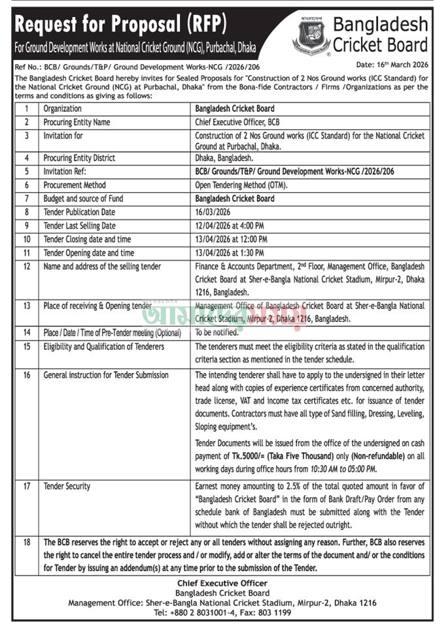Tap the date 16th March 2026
coord(392,66)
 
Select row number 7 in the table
coord(27,199)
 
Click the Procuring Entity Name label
coord(77,122)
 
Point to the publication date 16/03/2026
coord(213,212)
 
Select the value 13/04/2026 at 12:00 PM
coord(232,239)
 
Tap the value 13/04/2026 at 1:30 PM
coord(230,253)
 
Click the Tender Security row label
coord(67,487)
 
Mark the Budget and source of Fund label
coord(83,199)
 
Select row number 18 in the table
coord(27,542)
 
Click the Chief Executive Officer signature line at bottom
coord(223,583)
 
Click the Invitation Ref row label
coord(67,171)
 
